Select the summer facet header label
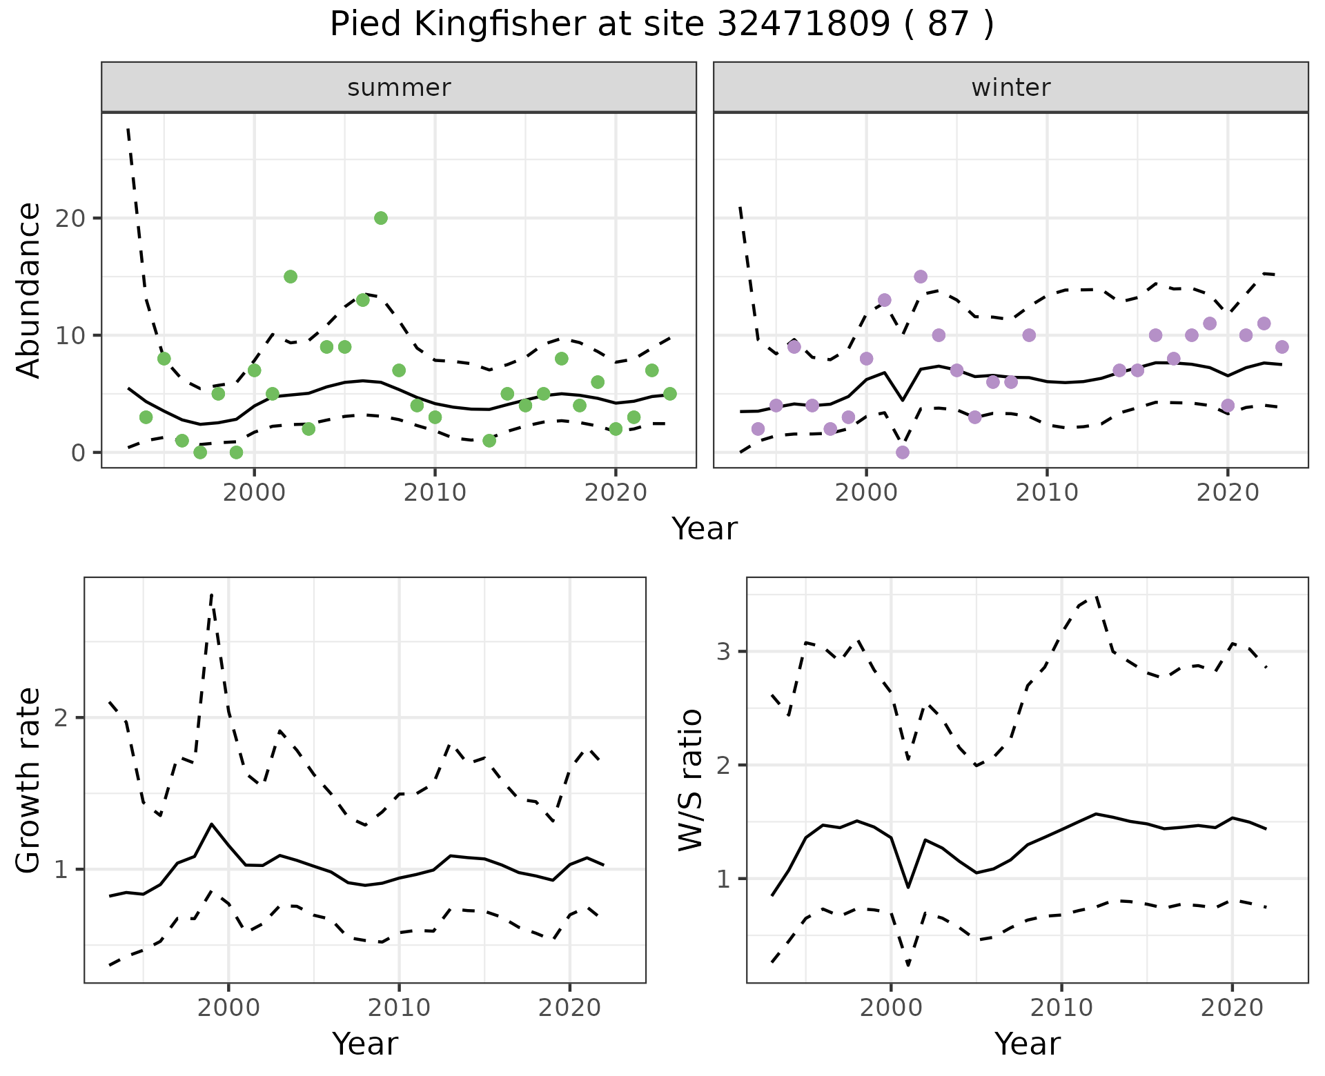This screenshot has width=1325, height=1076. click(x=399, y=88)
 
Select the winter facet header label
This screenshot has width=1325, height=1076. click(x=1011, y=88)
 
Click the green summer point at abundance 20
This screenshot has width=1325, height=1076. click(x=381, y=218)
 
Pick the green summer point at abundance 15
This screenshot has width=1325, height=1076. click(x=291, y=277)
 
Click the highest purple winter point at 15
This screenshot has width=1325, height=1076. click(x=921, y=277)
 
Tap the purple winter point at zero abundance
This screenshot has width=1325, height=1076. click(x=903, y=452)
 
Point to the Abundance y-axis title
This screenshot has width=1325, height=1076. click(x=29, y=290)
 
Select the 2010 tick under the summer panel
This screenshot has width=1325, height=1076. click(x=435, y=492)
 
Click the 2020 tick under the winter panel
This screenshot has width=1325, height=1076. click(x=1228, y=492)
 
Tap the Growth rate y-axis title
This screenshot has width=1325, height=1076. click(x=29, y=780)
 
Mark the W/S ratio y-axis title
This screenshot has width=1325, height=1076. click(x=691, y=780)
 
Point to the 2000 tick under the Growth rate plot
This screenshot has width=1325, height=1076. click(x=228, y=1008)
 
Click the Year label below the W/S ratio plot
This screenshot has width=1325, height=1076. click(x=1027, y=1044)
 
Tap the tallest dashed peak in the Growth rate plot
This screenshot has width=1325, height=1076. click(x=212, y=594)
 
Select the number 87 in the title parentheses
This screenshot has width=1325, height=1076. click(x=947, y=25)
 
